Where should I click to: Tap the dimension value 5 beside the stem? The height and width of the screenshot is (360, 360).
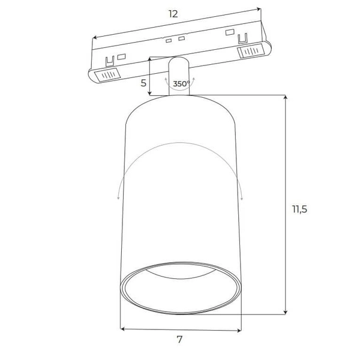coord(143,83)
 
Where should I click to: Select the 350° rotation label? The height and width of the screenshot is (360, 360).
coord(181,84)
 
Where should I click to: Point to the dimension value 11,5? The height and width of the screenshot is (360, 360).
coord(299,209)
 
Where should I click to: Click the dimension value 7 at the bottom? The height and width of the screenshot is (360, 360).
coord(179,340)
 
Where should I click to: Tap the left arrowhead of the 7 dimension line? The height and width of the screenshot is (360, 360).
coord(122,329)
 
